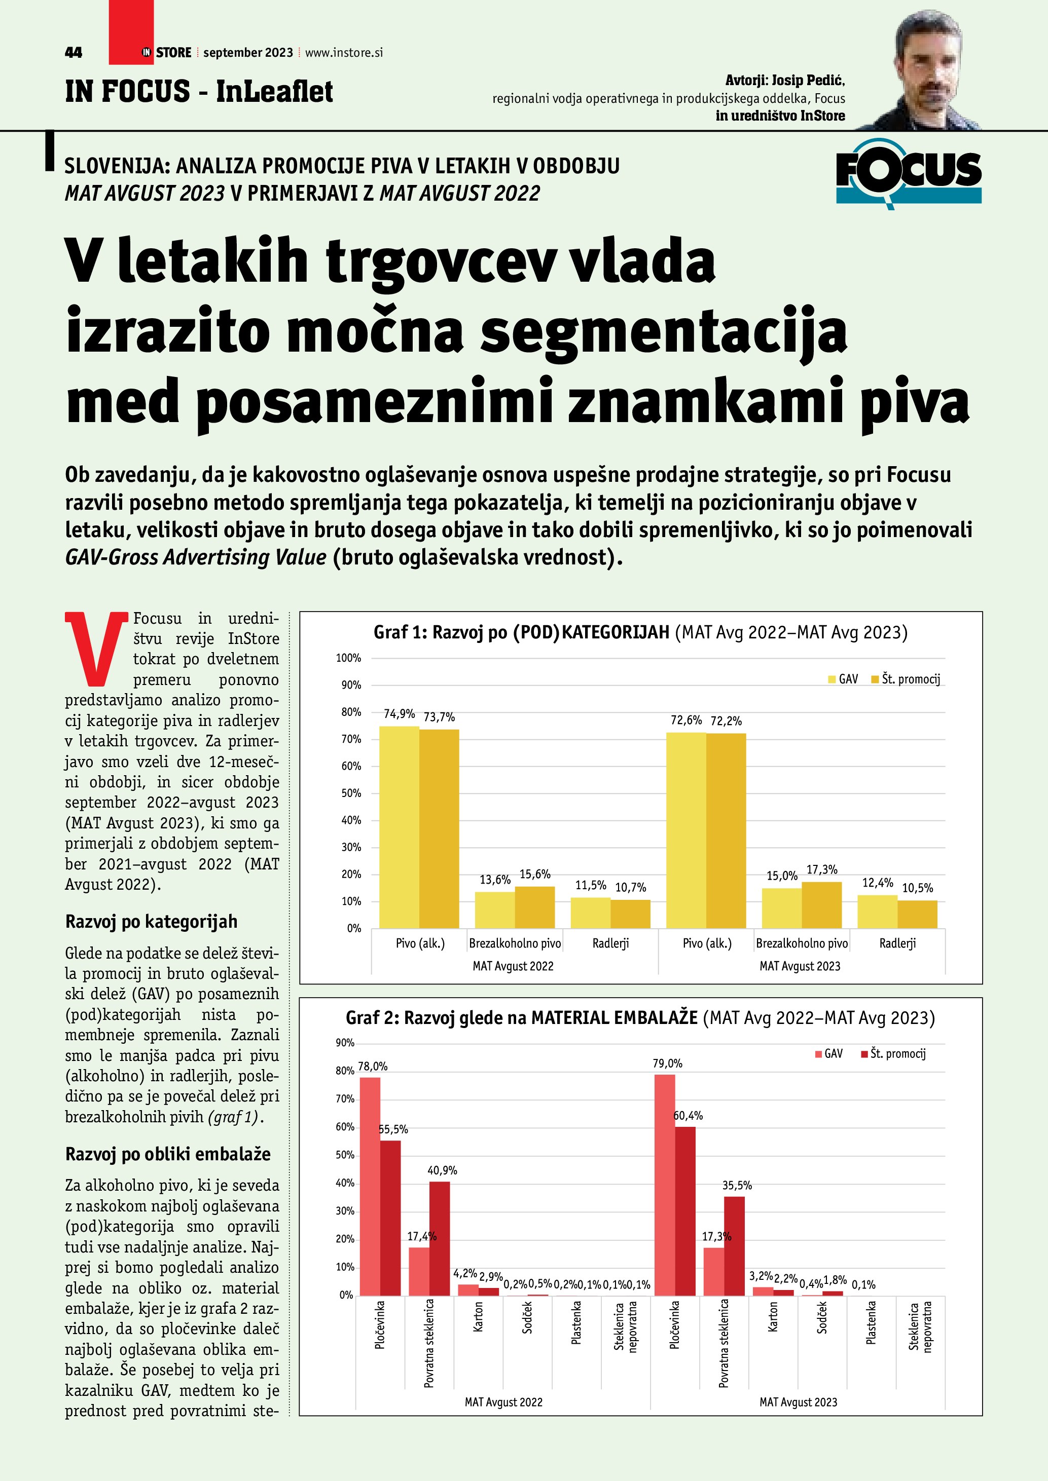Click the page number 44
pos(74,53)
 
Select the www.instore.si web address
pos(343,53)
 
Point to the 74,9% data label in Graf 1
pos(399,713)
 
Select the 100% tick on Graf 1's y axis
pos(348,658)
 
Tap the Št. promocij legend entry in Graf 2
pos(893,1053)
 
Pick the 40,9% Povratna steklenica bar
pos(440,1238)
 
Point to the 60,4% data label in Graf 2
pos(688,1115)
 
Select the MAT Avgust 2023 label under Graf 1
pos(800,966)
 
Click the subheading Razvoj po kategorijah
pos(151,921)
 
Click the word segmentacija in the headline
pos(664,331)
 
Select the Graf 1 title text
pos(640,632)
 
